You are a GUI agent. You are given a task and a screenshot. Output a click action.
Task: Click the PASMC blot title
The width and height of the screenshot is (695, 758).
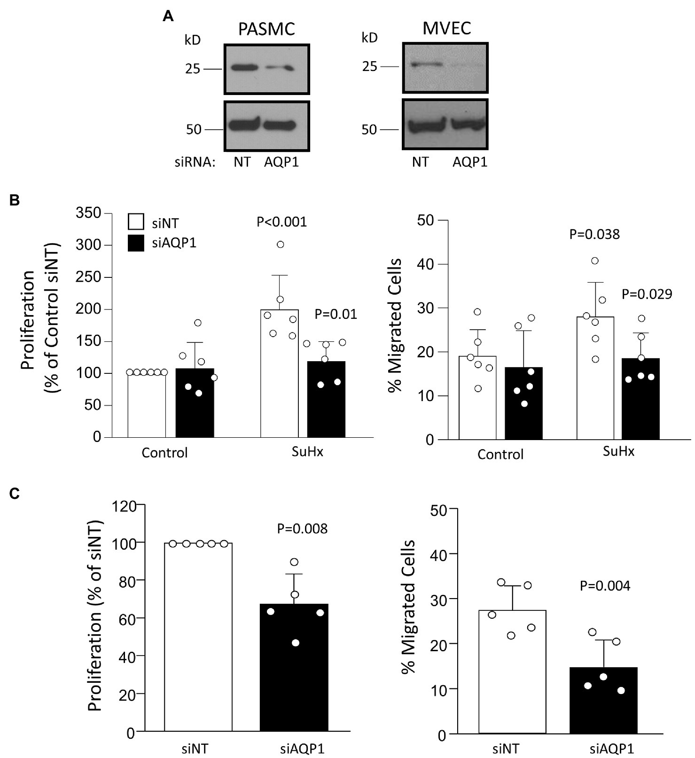pyautogui.click(x=266, y=29)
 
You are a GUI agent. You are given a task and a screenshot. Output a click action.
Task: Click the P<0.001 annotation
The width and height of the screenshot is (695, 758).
pyautogui.click(x=281, y=222)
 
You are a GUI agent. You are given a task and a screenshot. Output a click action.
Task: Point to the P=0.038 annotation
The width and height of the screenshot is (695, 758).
pyautogui.click(x=594, y=234)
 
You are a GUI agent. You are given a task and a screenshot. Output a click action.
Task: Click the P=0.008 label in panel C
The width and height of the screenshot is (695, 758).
pyautogui.click(x=302, y=529)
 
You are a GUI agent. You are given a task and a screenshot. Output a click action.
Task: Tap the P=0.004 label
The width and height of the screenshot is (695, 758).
pyautogui.click(x=605, y=585)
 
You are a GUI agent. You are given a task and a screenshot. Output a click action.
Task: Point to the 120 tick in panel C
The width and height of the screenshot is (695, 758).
pyautogui.click(x=124, y=506)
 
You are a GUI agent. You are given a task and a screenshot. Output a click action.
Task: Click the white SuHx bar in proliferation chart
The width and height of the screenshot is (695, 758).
pyautogui.click(x=280, y=376)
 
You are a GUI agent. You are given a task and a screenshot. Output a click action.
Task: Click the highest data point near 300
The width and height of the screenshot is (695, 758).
pyautogui.click(x=281, y=245)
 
